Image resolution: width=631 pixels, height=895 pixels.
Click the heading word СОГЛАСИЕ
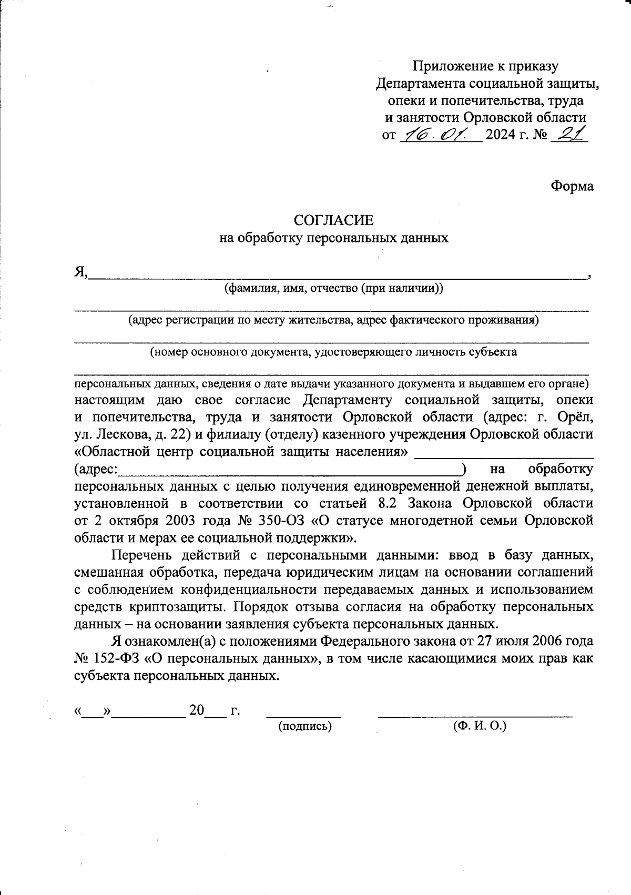tap(333, 220)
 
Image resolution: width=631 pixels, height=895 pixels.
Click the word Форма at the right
tap(572, 186)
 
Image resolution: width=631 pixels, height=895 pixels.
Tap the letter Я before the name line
tap(79, 272)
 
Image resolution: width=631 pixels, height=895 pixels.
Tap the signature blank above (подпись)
tap(304, 714)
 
